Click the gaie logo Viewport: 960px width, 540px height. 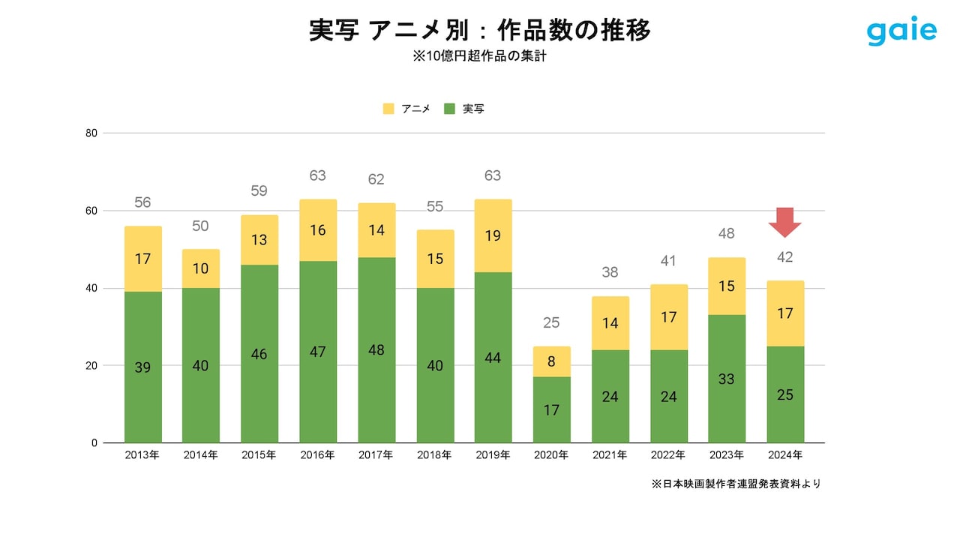coord(901,31)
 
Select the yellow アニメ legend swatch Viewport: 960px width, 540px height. coord(388,109)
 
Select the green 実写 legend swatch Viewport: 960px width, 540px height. coord(450,109)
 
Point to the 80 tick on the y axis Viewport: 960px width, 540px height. coord(92,133)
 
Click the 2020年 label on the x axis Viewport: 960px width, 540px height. coord(552,455)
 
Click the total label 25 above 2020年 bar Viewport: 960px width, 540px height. coord(552,323)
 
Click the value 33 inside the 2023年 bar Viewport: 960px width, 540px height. coord(727,379)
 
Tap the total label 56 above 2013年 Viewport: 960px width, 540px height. coord(143,202)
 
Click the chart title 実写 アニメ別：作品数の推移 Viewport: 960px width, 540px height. coord(479,31)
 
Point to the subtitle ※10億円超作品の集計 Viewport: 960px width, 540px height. coord(479,56)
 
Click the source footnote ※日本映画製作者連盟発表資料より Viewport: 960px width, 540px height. coord(736,484)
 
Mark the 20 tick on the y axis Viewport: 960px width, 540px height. coord(92,365)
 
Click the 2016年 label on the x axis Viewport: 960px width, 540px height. coord(318,455)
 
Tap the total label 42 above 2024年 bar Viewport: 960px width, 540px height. coord(785,257)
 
